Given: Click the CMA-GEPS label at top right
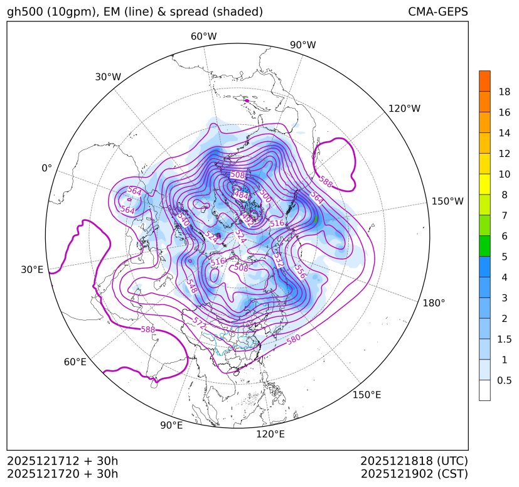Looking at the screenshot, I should [437, 12].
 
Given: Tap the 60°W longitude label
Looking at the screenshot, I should [203, 36].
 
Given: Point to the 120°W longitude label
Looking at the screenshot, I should [404, 109].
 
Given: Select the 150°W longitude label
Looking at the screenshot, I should [447, 201].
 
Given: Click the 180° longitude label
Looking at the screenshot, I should [434, 302].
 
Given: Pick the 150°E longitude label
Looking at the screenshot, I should [367, 394].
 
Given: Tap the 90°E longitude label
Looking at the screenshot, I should [171, 425].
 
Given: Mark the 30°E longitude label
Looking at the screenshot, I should [32, 270].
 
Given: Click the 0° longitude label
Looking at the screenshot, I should [47, 168].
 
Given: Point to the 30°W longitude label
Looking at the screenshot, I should [108, 77].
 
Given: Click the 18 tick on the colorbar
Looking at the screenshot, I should [504, 92].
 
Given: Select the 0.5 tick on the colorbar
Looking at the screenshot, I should [504, 380].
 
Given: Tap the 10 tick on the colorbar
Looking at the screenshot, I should [504, 174].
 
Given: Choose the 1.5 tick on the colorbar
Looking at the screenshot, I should [504, 339].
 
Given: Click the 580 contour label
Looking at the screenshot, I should [294, 340].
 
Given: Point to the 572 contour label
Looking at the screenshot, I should [200, 324].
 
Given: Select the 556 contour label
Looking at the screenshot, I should [300, 272].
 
